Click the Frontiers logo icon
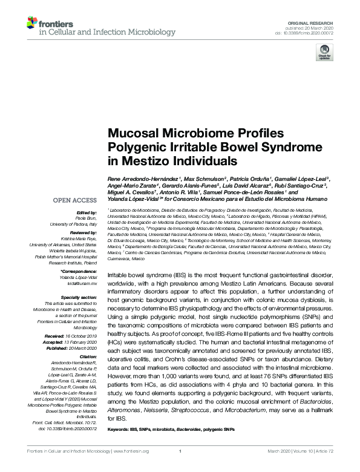31,23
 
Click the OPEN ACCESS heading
75,200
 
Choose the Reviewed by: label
83,232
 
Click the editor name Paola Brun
87,218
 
